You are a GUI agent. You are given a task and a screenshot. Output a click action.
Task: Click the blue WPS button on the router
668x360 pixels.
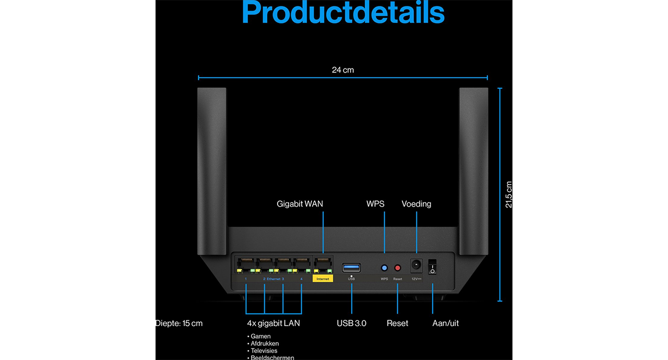[385, 268]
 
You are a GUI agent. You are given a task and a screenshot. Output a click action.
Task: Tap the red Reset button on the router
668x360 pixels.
[398, 268]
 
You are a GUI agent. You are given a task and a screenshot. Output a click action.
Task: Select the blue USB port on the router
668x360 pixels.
[351, 268]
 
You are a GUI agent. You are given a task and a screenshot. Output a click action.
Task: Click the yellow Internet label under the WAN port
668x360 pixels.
[323, 279]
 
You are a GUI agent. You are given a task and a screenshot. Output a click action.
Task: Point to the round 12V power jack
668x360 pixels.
[416, 266]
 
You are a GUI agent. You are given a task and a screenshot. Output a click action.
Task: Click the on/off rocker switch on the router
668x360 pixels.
[432, 267]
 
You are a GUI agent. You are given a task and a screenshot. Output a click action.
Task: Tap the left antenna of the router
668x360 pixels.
[212, 167]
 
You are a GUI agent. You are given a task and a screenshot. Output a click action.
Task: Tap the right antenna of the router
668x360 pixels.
[473, 167]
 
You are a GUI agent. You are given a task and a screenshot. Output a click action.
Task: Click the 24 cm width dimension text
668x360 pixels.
[343, 70]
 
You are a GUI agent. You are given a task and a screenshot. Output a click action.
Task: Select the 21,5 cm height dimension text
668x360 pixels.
[509, 195]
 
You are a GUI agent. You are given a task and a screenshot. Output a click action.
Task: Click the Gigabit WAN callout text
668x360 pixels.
[300, 204]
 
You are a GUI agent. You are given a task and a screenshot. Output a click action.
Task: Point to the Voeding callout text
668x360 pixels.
[416, 204]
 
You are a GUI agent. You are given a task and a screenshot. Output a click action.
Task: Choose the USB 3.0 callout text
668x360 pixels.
[351, 323]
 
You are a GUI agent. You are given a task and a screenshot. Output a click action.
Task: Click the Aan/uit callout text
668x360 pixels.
[446, 323]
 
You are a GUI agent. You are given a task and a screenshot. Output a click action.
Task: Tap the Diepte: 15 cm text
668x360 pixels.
[179, 323]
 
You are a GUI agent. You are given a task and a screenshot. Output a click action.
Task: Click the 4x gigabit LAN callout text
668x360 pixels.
[273, 323]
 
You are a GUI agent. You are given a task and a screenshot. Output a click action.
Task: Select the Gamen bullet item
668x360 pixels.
[260, 337]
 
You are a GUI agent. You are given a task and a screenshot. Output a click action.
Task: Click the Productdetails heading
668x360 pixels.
[343, 13]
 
